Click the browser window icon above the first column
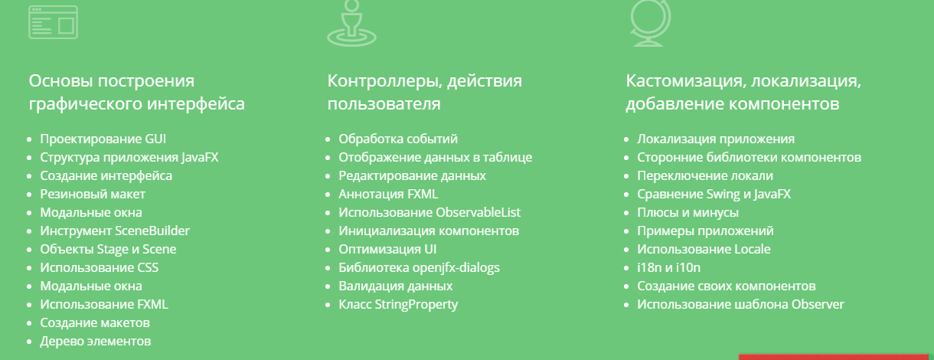click(54, 21)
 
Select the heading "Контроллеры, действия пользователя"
click(425, 92)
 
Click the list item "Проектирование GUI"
click(103, 139)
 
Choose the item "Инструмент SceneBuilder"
click(115, 231)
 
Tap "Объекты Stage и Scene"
click(108, 249)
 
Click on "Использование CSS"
click(100, 267)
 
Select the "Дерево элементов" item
click(96, 341)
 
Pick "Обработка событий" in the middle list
click(398, 139)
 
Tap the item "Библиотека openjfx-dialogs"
click(419, 267)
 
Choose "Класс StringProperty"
click(398, 304)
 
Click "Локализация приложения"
click(716, 139)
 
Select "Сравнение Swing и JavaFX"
click(714, 195)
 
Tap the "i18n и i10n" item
click(669, 267)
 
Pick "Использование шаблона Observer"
click(740, 304)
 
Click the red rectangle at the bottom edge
click(836, 356)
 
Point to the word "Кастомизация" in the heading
click(684, 81)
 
